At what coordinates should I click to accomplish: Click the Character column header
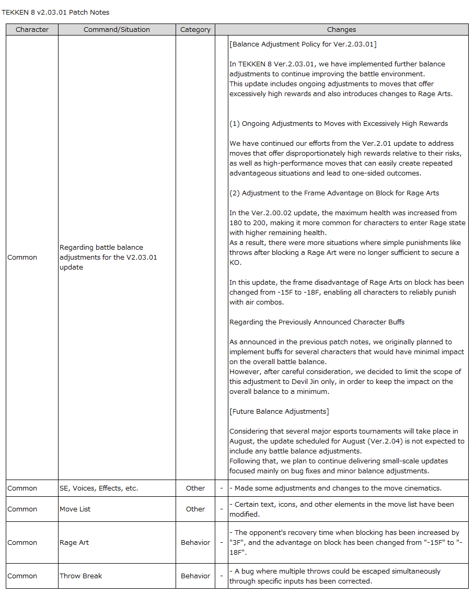(x=32, y=30)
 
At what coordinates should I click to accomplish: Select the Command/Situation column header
(x=117, y=30)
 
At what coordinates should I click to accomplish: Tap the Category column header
(x=195, y=30)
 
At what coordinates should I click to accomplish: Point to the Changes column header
(x=341, y=30)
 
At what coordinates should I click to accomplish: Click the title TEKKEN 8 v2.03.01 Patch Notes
(x=55, y=12)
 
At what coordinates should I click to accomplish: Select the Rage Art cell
(x=74, y=543)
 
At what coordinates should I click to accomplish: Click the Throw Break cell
(x=80, y=576)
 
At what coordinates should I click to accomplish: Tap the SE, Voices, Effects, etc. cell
(x=98, y=488)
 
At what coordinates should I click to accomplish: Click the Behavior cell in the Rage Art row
(x=195, y=543)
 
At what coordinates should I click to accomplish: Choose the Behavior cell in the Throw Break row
(x=195, y=576)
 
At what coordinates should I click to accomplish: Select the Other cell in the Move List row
(x=195, y=509)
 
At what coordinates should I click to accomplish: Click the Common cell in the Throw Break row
(x=22, y=576)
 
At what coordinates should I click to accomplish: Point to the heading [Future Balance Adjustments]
(x=279, y=412)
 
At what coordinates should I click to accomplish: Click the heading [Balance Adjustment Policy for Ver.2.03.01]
(x=303, y=44)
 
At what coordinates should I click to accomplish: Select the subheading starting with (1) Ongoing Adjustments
(x=339, y=124)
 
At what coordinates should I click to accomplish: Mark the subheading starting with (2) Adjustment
(x=334, y=193)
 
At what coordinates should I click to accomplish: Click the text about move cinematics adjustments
(x=335, y=488)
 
